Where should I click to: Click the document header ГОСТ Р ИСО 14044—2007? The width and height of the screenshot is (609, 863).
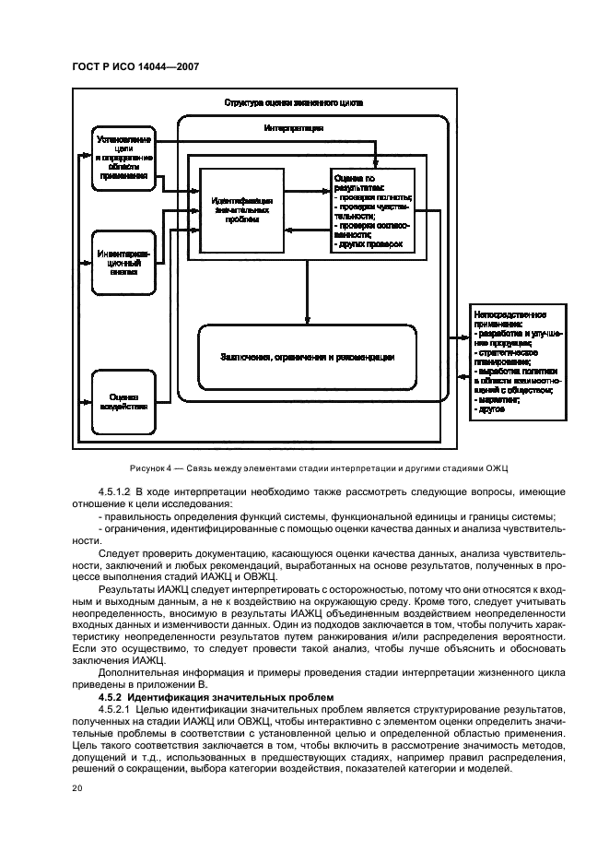click(x=135, y=65)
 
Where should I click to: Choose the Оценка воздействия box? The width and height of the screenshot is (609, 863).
click(x=123, y=401)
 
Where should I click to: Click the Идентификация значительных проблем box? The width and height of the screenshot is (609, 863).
click(x=241, y=210)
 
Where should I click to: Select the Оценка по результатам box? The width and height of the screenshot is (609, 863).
click(x=372, y=210)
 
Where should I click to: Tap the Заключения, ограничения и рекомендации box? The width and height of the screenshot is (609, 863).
click(x=307, y=358)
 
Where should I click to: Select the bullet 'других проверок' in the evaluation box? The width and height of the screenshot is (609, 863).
click(x=372, y=244)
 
